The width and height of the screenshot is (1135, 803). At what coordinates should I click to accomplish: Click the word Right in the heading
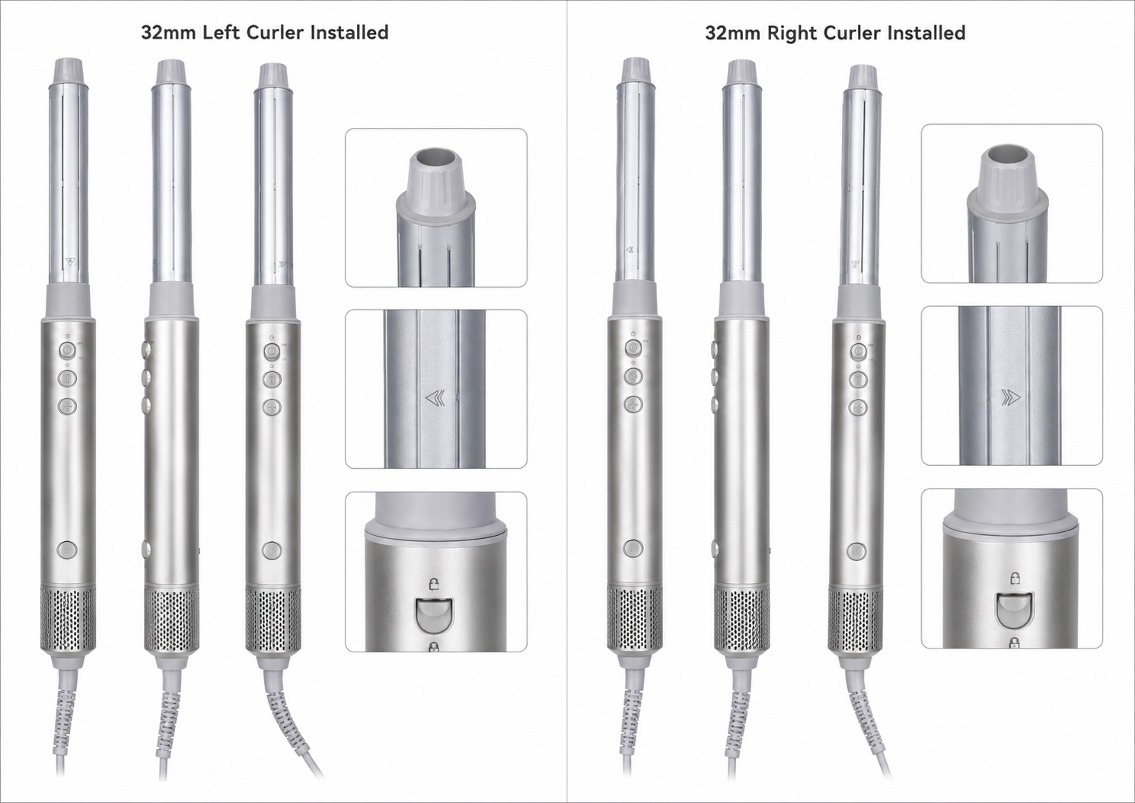[793, 33]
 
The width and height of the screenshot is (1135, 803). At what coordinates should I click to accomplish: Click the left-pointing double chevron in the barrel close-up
[435, 398]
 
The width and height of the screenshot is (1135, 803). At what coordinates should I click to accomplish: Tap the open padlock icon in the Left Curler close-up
[434, 585]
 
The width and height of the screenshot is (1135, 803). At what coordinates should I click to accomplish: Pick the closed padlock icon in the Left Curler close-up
[434, 646]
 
